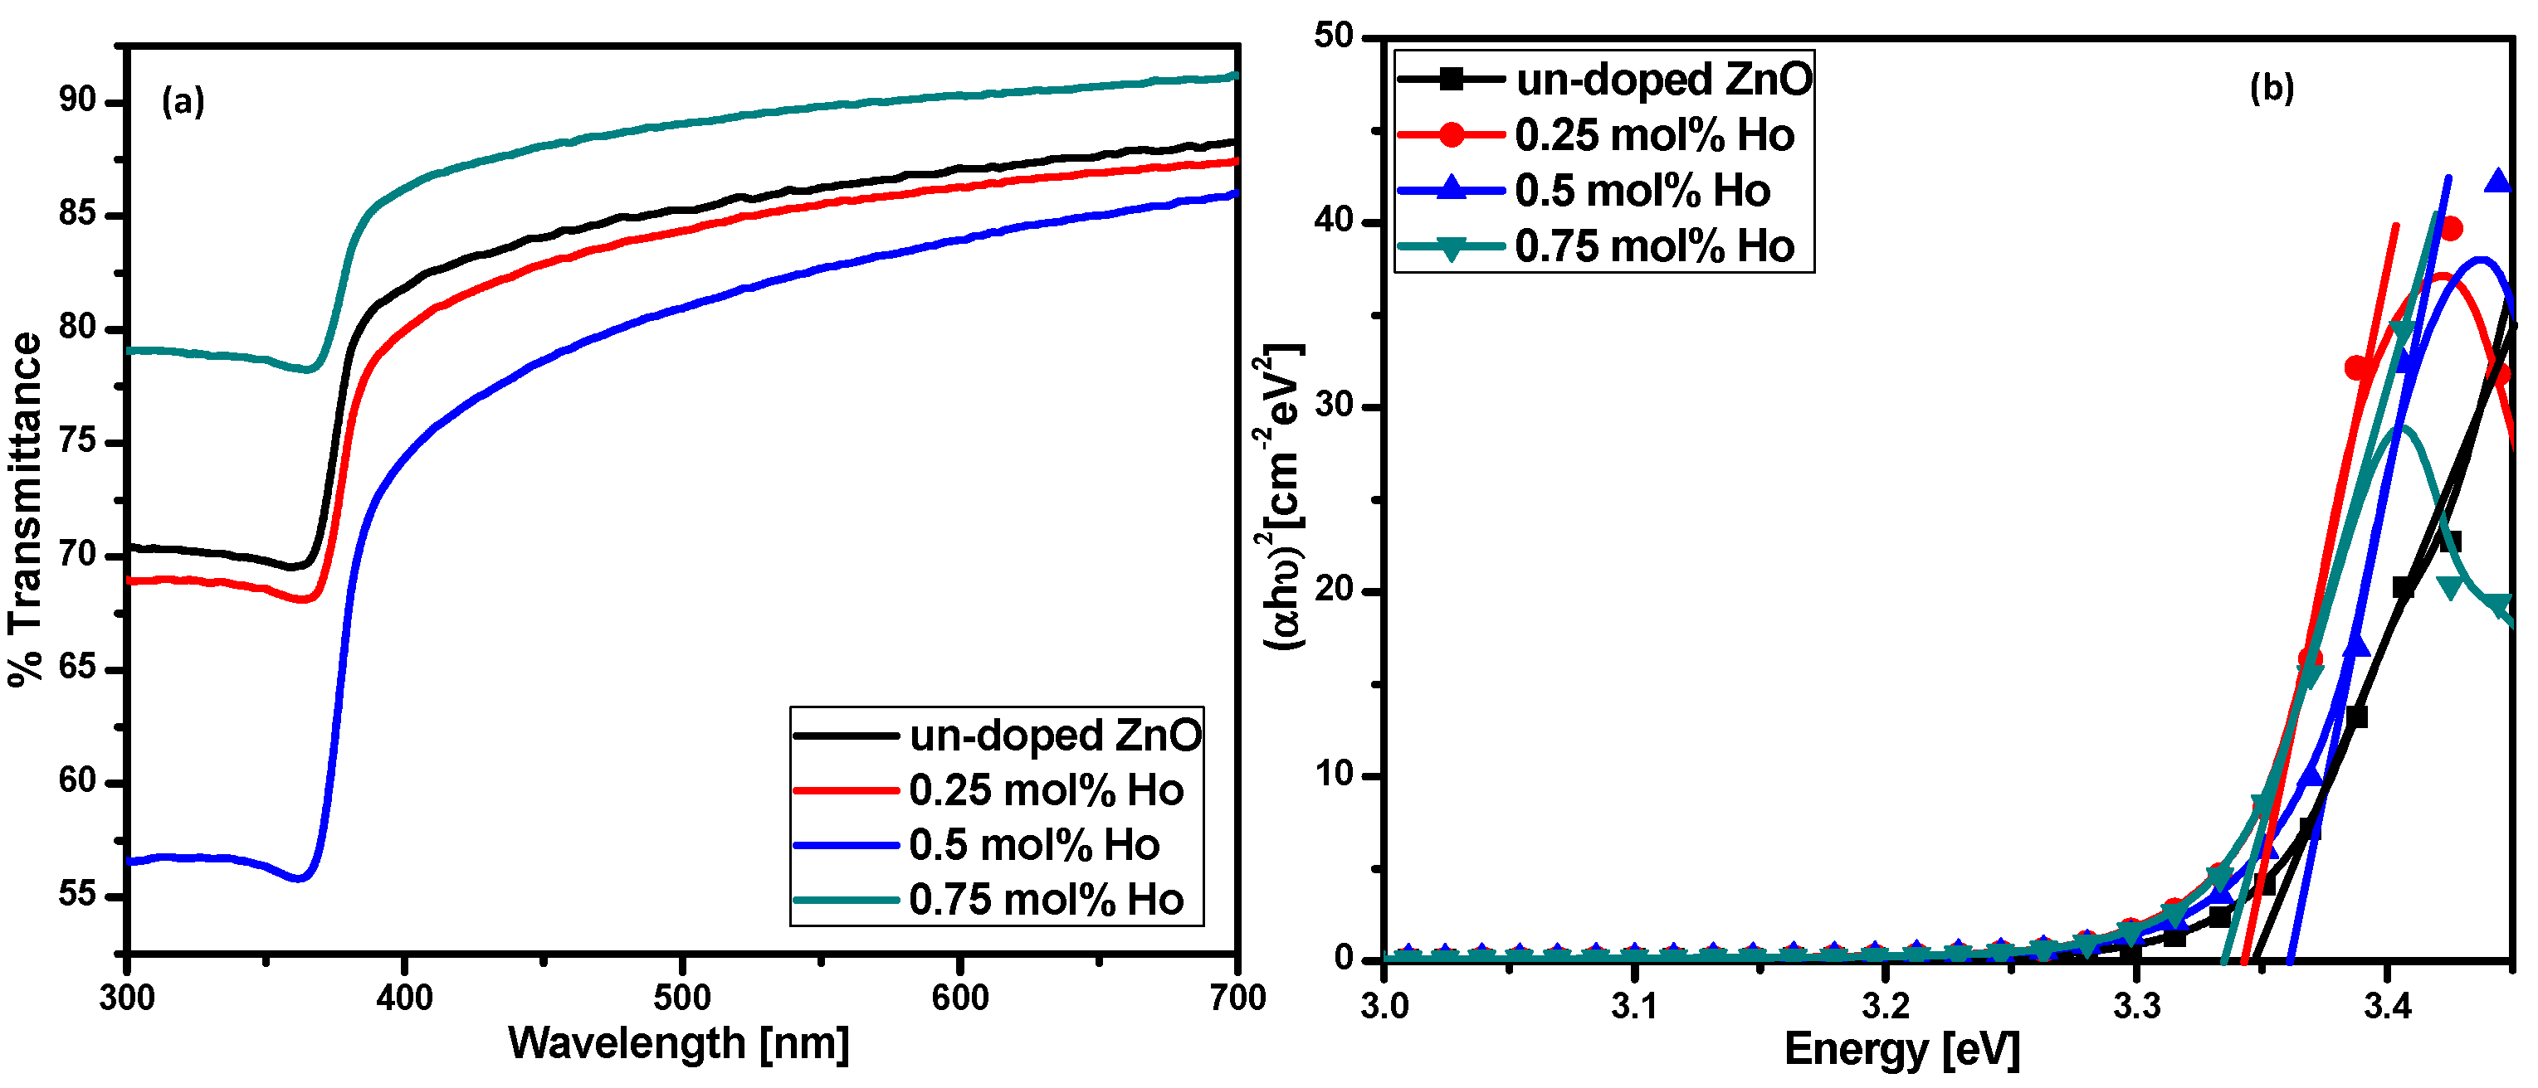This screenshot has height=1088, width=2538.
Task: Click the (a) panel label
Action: tap(183, 100)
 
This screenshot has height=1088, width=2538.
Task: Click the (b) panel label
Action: tap(2271, 89)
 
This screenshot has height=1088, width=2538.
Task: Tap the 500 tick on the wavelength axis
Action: tap(681, 998)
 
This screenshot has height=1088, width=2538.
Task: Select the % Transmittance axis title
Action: tap(27, 509)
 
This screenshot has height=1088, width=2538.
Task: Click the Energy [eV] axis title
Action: tap(1901, 1050)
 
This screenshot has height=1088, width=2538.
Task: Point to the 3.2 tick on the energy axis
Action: tap(1885, 1006)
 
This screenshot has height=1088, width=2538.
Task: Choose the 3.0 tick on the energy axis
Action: tap(1384, 1006)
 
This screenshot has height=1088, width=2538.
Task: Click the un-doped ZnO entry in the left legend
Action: tap(1054, 736)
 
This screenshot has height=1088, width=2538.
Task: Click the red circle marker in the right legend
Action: tap(1452, 135)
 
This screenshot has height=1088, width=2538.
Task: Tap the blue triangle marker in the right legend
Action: tap(1452, 189)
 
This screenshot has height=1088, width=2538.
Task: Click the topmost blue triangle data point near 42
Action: tap(2497, 181)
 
